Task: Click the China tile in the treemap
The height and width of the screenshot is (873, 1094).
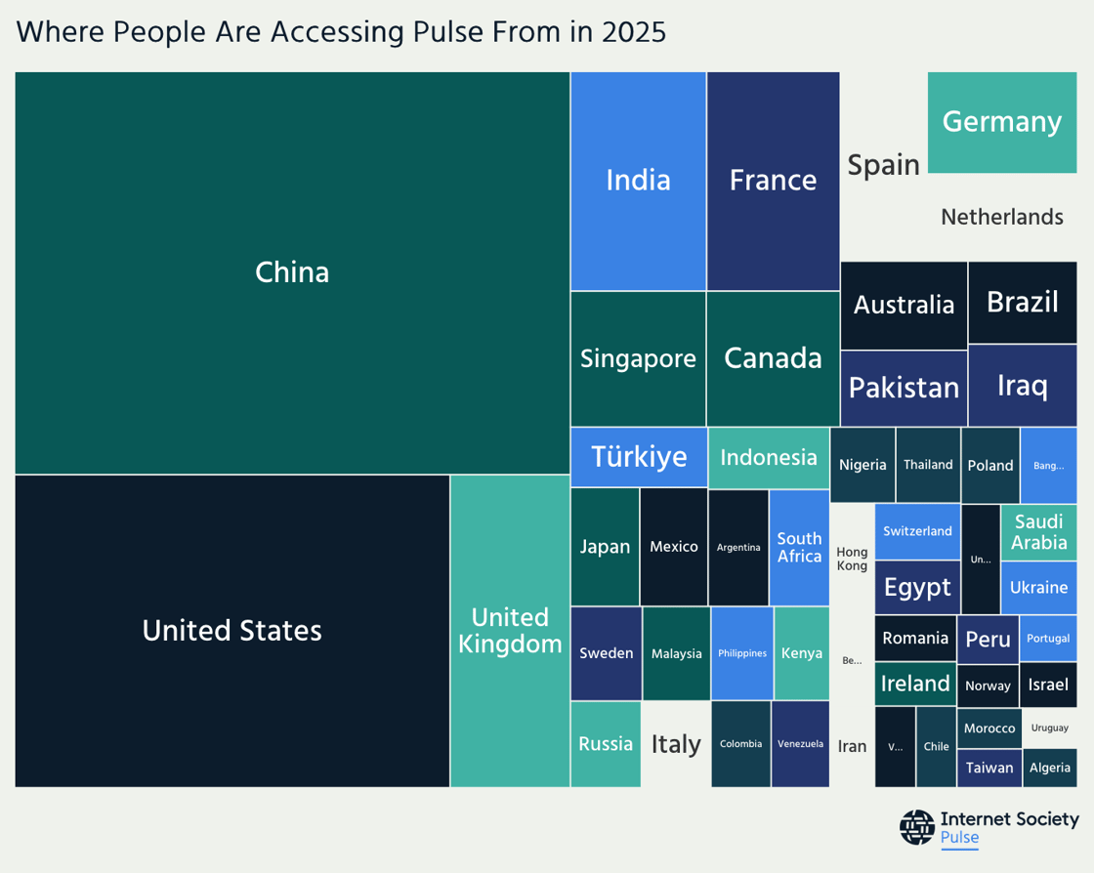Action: click(x=292, y=272)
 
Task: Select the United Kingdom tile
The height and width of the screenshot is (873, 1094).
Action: click(x=510, y=631)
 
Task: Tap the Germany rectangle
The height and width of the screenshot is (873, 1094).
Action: click(x=1001, y=122)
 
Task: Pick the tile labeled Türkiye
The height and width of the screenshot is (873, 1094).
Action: click(x=639, y=456)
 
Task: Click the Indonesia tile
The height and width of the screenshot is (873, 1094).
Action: click(x=768, y=457)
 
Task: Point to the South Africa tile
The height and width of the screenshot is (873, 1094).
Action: click(x=799, y=547)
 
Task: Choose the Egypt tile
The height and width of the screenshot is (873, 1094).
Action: click(x=917, y=587)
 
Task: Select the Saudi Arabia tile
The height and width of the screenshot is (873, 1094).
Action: click(x=1038, y=532)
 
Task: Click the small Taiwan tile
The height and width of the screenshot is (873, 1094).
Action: click(x=989, y=768)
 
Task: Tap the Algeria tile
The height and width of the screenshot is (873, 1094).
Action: click(x=1049, y=768)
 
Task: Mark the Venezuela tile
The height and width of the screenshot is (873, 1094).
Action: click(x=800, y=744)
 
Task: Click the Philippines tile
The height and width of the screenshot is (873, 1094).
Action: click(x=742, y=652)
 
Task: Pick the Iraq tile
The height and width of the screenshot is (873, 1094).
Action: click(x=1022, y=385)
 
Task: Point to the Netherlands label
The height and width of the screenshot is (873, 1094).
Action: click(x=1001, y=217)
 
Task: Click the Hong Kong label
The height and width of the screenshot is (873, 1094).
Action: click(x=852, y=559)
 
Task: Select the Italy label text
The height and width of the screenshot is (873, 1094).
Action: click(x=676, y=744)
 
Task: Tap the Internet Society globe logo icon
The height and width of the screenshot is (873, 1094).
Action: click(x=916, y=827)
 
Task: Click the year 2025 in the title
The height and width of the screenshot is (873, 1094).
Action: click(x=634, y=31)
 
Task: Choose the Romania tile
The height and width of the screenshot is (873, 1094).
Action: click(x=915, y=638)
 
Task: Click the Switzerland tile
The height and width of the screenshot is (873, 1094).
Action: click(x=917, y=531)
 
